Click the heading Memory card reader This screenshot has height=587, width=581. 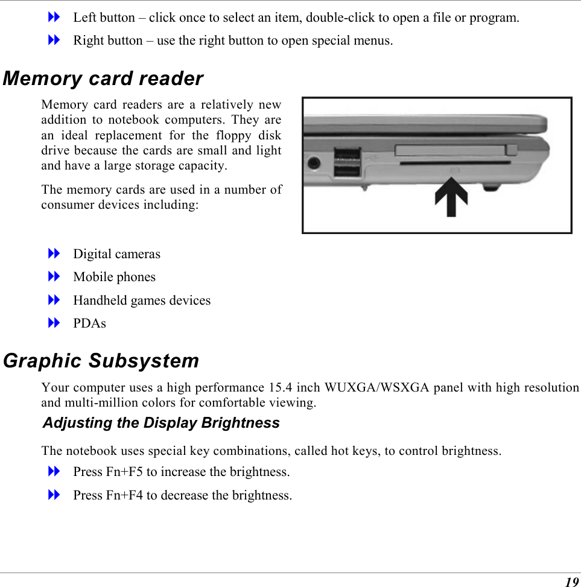[x=103, y=79]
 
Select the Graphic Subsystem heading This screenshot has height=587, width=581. [x=101, y=361]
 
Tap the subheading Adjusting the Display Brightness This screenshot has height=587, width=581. [x=161, y=423]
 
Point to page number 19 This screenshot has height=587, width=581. [x=571, y=582]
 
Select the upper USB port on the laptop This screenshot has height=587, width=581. [x=347, y=154]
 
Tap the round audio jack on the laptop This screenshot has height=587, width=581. [x=314, y=163]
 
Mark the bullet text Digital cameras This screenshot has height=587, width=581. [x=117, y=254]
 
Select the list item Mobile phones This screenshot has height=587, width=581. [x=115, y=278]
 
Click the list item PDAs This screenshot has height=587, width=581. [x=89, y=324]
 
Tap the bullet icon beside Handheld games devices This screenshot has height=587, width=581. [x=54, y=300]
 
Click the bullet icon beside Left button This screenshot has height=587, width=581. [x=54, y=17]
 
